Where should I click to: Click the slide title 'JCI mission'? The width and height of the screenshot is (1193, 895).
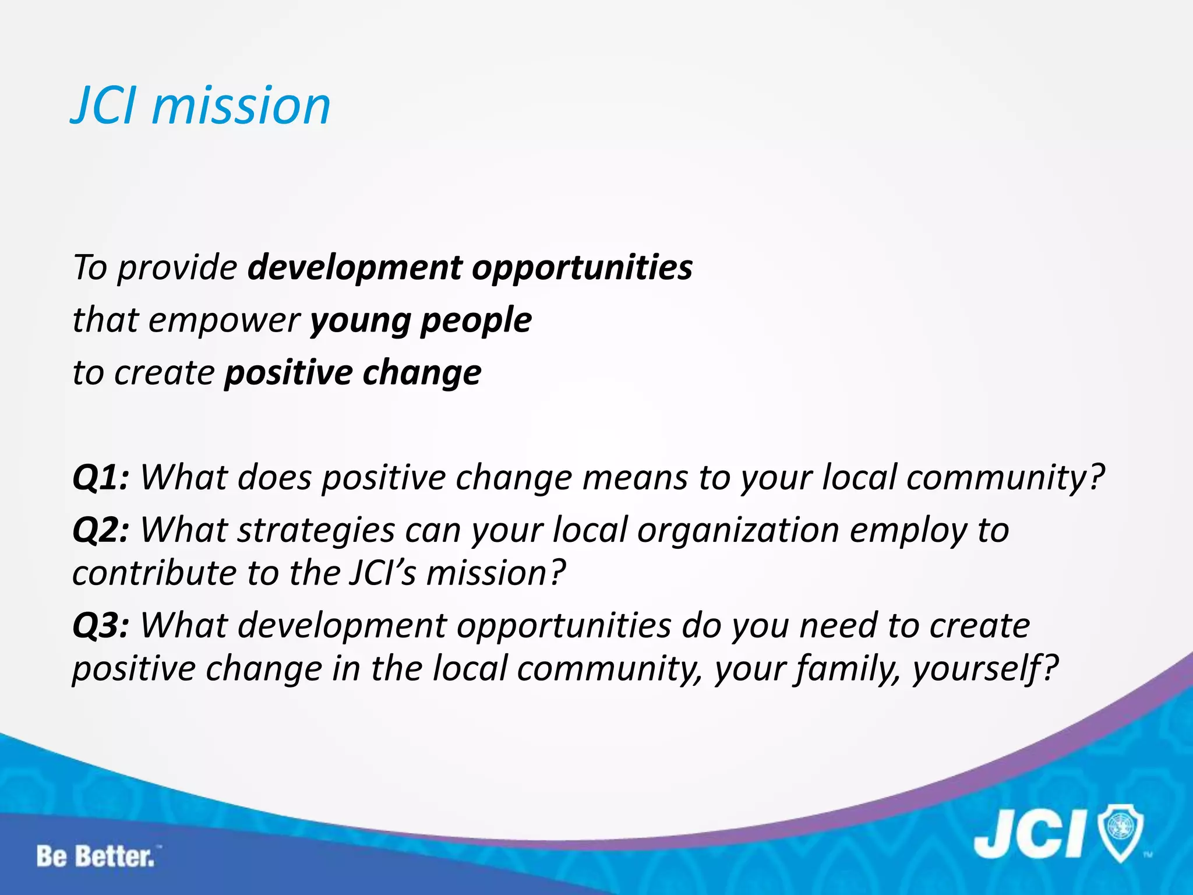[200, 105]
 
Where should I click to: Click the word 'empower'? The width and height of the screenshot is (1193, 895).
[224, 321]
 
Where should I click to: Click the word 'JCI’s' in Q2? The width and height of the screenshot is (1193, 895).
[383, 573]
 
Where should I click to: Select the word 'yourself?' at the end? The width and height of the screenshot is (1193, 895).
[984, 669]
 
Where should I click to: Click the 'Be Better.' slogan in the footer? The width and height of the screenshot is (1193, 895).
[97, 857]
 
